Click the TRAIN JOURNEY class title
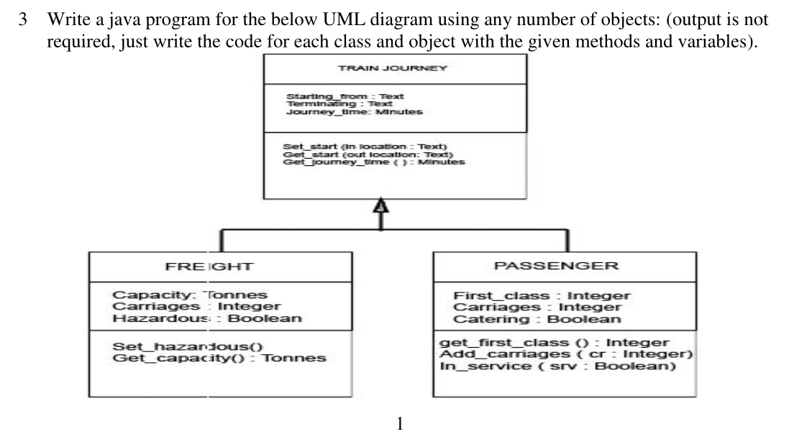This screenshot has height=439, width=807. tap(393, 68)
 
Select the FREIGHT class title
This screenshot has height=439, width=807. tap(209, 266)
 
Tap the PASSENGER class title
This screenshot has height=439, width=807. tap(556, 266)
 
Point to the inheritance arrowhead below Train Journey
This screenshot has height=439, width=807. tap(380, 208)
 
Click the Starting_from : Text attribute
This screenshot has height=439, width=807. tap(345, 96)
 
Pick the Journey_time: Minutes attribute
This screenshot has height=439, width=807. tap(354, 111)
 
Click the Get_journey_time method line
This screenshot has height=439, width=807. tap(374, 162)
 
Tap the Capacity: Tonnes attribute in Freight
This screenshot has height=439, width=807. tap(190, 295)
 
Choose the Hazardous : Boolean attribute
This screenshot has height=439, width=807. tap(207, 318)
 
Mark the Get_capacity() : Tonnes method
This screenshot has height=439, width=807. tap(219, 358)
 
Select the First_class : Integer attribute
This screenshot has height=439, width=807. tap(542, 295)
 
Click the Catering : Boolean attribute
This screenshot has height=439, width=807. tap(537, 319)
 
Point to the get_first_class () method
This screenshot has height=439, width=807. tap(554, 343)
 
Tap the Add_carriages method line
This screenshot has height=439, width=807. tap(565, 354)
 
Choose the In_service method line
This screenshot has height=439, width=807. tap(558, 366)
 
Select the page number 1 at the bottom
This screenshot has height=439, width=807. tap(401, 423)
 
